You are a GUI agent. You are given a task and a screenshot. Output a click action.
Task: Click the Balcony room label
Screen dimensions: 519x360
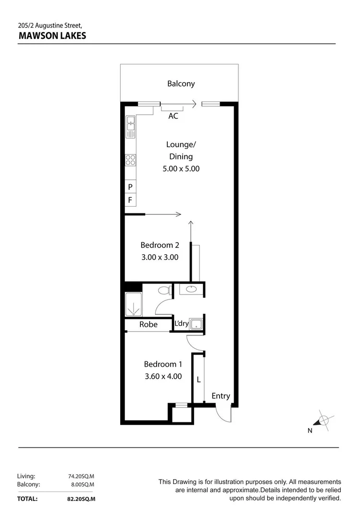[181, 84]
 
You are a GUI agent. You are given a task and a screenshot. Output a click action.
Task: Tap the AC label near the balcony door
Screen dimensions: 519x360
[173, 116]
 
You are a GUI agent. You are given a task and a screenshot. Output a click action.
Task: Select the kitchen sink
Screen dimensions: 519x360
[130, 126]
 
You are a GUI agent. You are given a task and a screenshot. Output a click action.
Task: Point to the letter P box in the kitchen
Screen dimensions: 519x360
[130, 186]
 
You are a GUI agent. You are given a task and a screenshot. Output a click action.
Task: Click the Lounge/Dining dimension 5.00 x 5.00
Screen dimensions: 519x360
[181, 169]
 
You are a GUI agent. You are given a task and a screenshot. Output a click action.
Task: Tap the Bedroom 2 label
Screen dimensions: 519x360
[160, 245]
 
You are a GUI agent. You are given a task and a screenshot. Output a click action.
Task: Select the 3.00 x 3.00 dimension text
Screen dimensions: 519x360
[160, 257]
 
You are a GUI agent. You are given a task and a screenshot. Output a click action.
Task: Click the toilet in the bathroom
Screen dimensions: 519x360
[165, 290]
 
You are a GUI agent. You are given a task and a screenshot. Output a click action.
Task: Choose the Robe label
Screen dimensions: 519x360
[149, 324]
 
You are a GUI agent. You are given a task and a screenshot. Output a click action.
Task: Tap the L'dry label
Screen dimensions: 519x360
[181, 323]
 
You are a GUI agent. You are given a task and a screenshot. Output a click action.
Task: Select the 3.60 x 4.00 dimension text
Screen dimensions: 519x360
[163, 377]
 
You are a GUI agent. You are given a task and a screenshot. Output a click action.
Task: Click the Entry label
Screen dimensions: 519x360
[221, 396]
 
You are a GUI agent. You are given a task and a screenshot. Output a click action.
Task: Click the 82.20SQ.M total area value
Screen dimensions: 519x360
[81, 499]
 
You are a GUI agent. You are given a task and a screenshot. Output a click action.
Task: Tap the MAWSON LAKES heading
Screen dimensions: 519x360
[52, 35]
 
